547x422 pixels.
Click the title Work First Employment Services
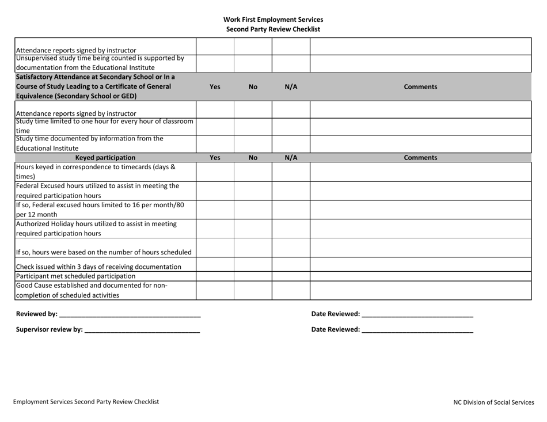[x=273, y=20]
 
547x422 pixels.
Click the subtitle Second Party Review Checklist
[x=273, y=29]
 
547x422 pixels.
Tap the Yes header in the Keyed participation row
[x=215, y=157]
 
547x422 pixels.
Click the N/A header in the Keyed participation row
[x=291, y=157]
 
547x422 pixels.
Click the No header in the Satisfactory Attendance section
[x=253, y=87]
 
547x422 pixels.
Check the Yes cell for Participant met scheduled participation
[x=215, y=276]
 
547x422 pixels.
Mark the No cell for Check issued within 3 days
[x=253, y=265]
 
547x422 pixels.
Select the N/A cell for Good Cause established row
[x=291, y=290]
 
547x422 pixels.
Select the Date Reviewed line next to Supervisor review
[x=417, y=330]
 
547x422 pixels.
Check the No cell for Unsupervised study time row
[x=253, y=63]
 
